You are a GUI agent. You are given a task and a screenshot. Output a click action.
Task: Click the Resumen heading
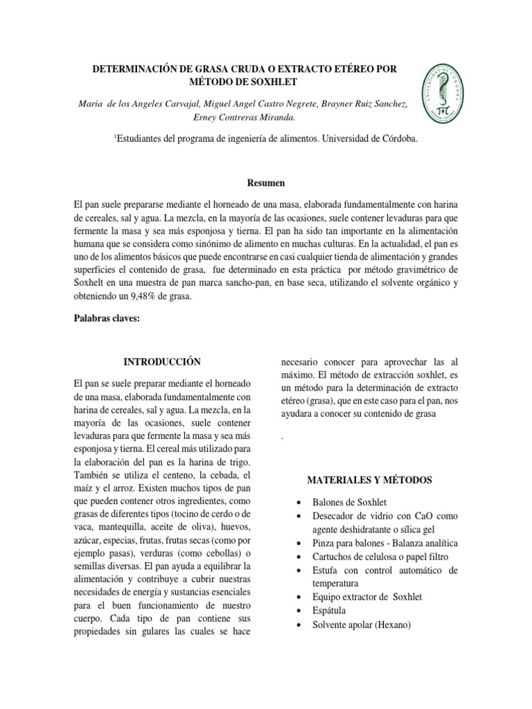point(265,183)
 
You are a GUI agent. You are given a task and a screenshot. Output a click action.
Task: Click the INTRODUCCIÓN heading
point(161,361)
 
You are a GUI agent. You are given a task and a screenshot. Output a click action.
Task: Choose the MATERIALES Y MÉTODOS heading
point(369,480)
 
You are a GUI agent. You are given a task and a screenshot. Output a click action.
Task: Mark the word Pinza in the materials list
point(326,543)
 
